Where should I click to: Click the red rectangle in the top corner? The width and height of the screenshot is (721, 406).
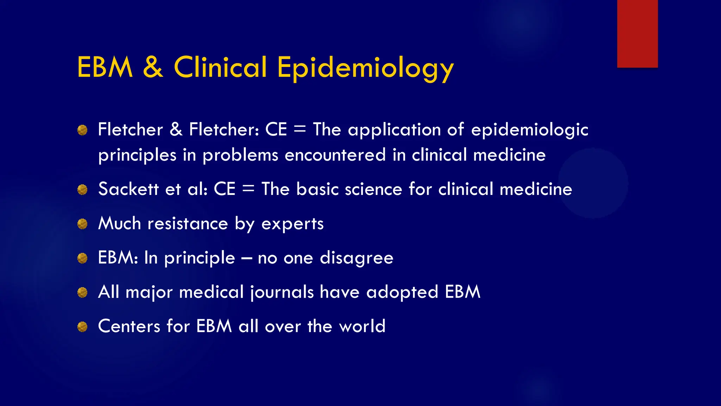(637, 33)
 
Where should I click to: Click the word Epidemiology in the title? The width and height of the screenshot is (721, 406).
(365, 68)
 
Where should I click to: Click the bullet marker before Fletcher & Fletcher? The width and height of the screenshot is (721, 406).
(82, 130)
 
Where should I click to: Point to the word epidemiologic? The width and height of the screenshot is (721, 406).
(529, 130)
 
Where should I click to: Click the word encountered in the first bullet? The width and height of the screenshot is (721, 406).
(335, 155)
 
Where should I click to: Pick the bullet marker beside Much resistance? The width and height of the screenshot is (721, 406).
(82, 224)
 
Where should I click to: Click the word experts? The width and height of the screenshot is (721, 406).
(292, 224)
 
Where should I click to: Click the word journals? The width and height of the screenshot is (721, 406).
(282, 293)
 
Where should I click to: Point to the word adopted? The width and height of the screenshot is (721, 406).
(402, 293)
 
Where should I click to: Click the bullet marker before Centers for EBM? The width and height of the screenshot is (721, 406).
(82, 327)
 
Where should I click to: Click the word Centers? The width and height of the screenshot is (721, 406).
(129, 326)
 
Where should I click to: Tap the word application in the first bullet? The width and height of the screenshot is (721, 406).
(394, 130)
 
